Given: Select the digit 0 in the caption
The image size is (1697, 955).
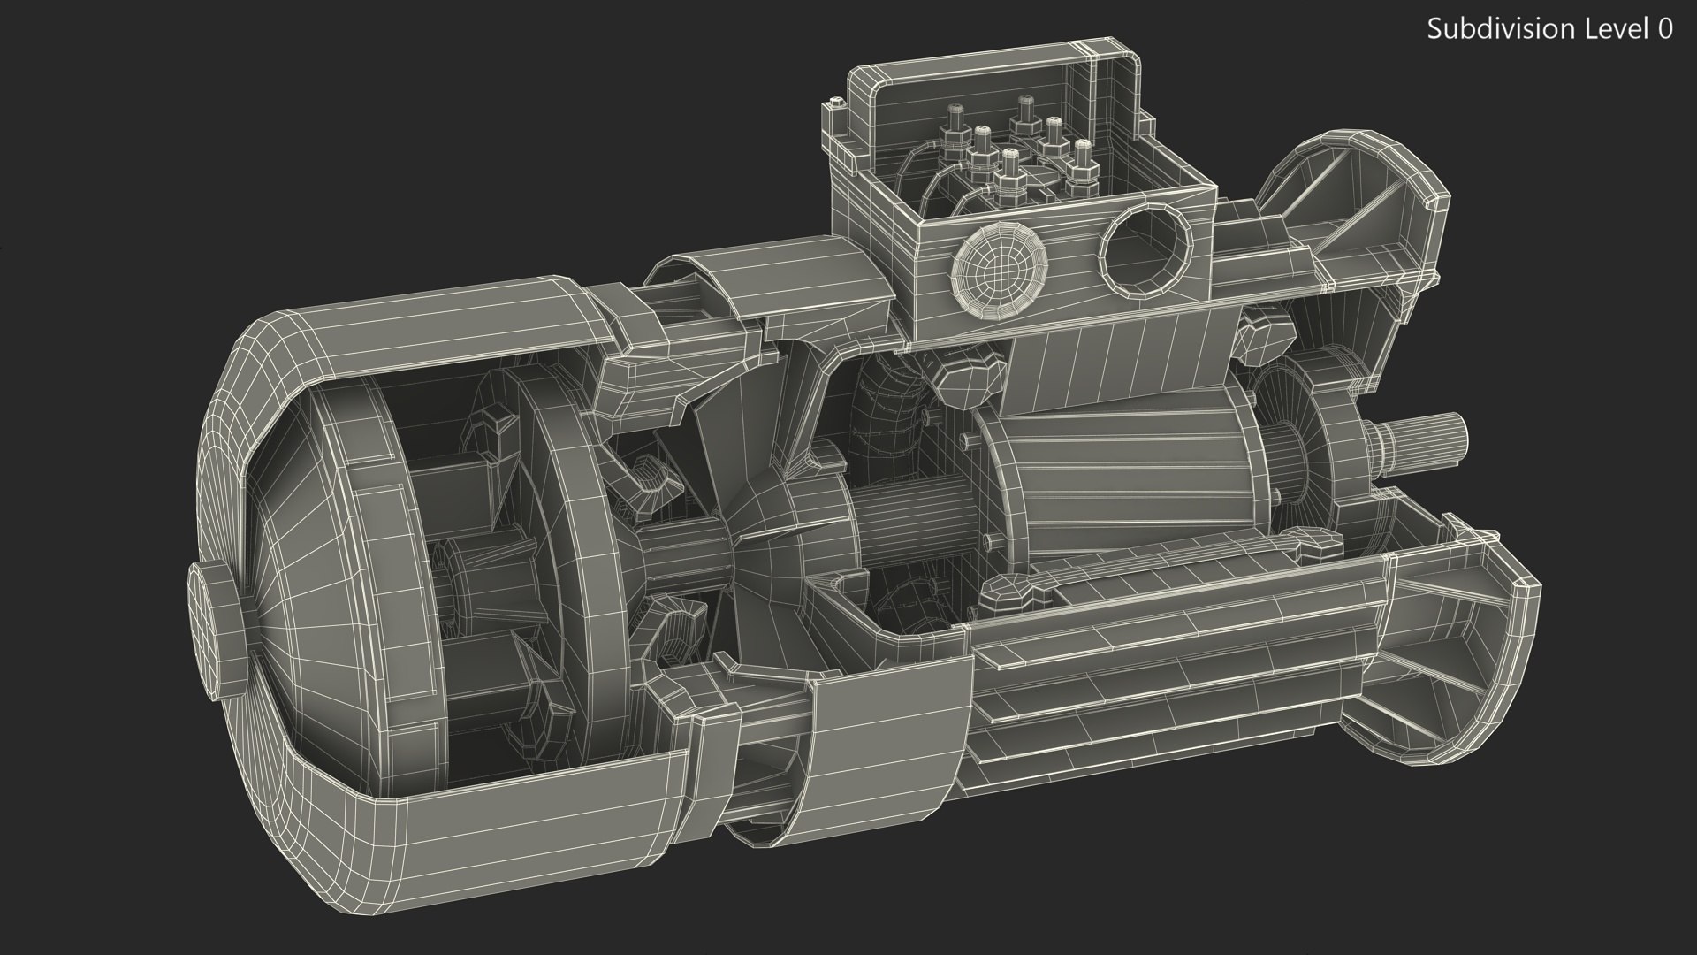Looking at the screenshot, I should (x=1664, y=29).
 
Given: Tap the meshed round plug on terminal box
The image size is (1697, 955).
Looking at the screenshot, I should (x=1000, y=262).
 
